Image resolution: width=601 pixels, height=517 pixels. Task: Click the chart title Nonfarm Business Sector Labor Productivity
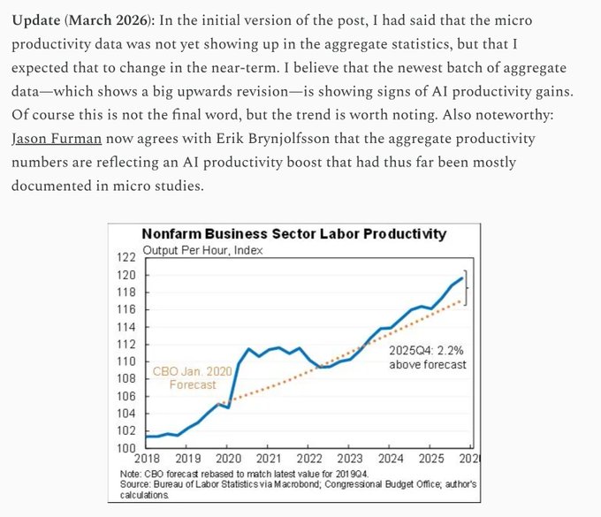[x=294, y=234]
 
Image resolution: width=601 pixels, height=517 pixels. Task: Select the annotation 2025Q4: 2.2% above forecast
[x=427, y=356]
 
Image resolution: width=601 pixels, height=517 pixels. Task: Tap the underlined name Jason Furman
[x=56, y=140]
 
